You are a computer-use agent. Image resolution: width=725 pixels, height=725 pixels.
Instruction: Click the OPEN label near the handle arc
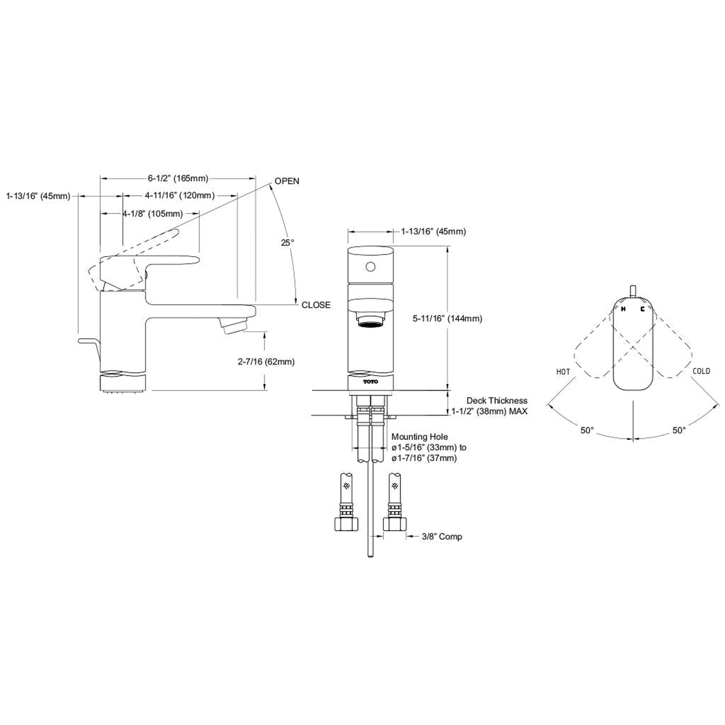click(287, 181)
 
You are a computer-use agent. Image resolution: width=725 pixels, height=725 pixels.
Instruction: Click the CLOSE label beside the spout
click(316, 305)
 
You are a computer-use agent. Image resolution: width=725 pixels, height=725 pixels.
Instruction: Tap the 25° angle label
click(288, 243)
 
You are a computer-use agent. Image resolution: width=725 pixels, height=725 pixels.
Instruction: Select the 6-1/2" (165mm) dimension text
click(178, 178)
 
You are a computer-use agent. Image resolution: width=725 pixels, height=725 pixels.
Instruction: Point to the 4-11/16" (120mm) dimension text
click(180, 196)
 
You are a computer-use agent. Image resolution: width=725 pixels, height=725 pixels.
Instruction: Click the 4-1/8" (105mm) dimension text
click(153, 214)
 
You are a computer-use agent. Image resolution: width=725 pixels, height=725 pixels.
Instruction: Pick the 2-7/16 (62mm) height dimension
click(266, 362)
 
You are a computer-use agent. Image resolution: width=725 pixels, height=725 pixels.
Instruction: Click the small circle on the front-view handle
click(370, 267)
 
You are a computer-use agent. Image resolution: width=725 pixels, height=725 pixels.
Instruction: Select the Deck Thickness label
click(497, 401)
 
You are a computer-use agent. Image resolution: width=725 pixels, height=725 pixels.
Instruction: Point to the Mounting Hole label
click(420, 437)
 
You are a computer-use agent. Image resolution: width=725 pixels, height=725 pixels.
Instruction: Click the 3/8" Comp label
click(442, 536)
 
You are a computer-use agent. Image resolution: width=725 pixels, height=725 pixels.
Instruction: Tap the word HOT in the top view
click(563, 372)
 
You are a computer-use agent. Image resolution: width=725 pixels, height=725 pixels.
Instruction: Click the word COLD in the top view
click(702, 371)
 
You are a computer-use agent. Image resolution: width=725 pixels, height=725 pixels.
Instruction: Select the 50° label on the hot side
click(587, 430)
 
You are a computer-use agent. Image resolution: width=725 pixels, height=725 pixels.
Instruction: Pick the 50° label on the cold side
click(679, 430)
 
